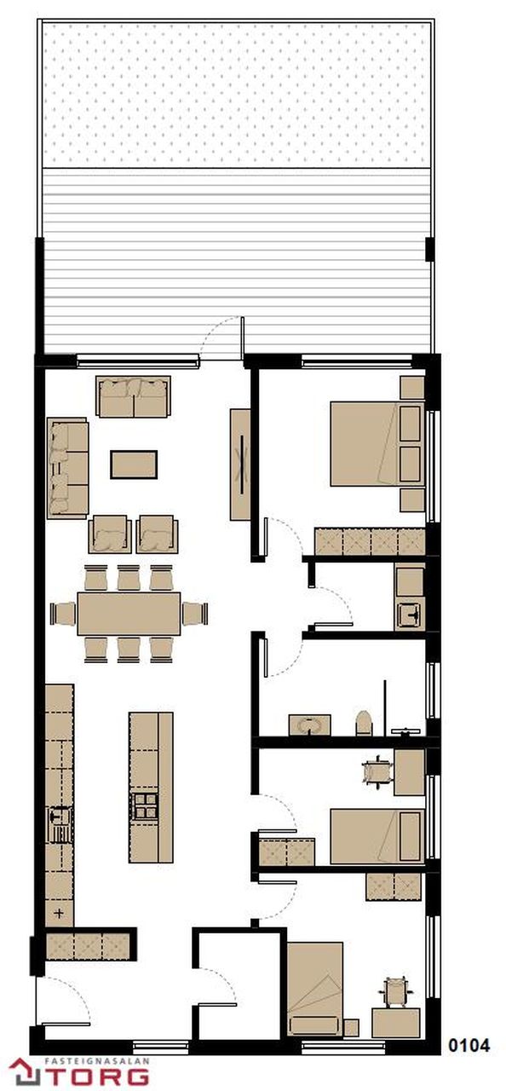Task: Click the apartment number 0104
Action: click(469, 1046)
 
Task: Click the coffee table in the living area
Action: click(134, 465)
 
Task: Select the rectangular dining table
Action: click(129, 614)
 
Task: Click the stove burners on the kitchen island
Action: click(145, 805)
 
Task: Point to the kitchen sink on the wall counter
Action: click(60, 824)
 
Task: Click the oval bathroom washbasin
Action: click(309, 725)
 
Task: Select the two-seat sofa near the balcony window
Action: click(133, 396)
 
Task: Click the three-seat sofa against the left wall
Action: click(67, 468)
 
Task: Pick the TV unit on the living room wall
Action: click(240, 465)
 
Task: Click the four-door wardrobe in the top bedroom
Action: click(371, 541)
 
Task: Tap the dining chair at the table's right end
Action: click(195, 614)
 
